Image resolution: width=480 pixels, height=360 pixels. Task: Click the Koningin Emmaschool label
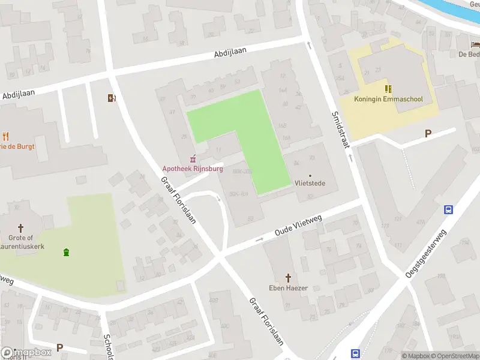388,99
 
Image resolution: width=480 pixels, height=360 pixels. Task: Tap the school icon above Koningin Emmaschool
388,88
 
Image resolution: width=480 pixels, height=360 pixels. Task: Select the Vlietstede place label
310,183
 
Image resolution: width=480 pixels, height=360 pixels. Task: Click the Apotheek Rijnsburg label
192,169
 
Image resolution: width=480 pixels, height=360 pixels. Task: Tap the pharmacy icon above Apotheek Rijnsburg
193,159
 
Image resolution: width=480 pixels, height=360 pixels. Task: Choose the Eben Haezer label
288,288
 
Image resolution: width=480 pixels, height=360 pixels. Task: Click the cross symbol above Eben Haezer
288,278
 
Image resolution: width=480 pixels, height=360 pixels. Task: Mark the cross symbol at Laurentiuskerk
21,228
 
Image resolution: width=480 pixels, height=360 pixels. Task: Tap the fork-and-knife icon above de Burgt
6,136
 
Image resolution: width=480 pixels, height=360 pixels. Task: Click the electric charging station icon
112,98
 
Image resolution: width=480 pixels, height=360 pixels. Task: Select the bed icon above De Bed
475,44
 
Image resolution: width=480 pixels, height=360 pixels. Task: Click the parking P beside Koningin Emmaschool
428,133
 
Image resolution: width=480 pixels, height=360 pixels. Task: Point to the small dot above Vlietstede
310,175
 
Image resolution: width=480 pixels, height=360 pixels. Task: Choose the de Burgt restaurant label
18,146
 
